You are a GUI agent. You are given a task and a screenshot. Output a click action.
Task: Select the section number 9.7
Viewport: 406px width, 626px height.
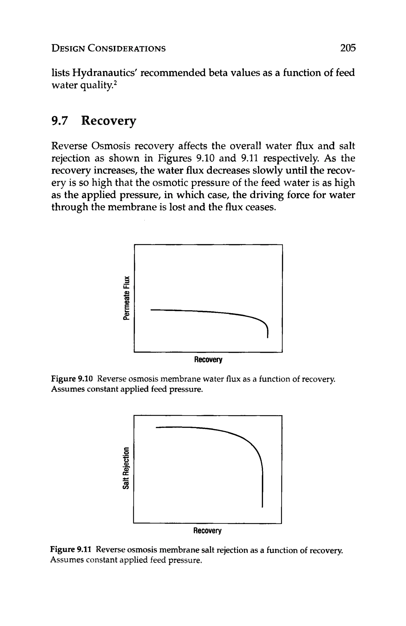tap(60, 121)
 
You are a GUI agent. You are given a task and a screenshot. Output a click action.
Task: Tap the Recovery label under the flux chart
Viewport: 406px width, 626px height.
tap(208, 360)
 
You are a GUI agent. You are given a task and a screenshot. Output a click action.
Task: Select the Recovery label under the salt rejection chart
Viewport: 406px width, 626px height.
tap(207, 531)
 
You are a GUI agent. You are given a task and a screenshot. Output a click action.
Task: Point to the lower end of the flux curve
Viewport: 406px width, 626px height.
tap(267, 337)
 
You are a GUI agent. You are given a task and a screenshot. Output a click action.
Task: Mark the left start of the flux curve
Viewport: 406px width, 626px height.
tap(151, 310)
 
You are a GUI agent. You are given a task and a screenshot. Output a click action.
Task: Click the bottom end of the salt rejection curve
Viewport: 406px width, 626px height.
tap(262, 506)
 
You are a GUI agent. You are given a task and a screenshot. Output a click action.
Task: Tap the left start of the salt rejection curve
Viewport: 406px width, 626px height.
tap(157, 427)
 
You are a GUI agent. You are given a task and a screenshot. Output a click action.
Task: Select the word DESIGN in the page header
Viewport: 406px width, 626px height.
tap(68, 48)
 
